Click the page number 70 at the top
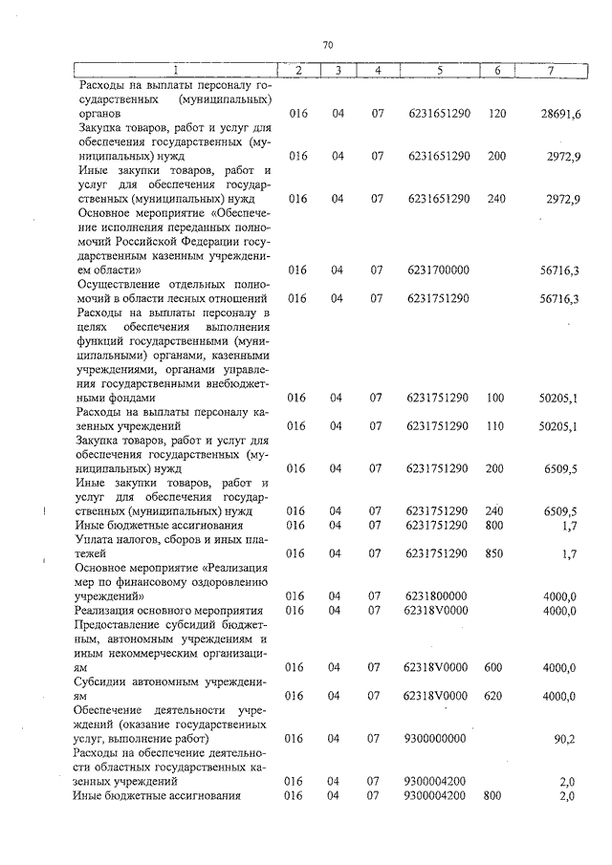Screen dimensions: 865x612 pyautogui.click(x=327, y=45)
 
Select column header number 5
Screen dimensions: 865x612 pyautogui.click(x=439, y=71)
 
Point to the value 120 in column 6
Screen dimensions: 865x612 pyautogui.click(x=496, y=114)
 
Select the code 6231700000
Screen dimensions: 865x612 pyautogui.click(x=438, y=271)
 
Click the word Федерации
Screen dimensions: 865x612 pyautogui.click(x=225, y=243)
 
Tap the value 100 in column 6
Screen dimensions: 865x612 pyautogui.click(x=495, y=397)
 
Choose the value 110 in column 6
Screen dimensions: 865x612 pyautogui.click(x=495, y=425)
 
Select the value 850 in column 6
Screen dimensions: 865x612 pyautogui.click(x=495, y=552)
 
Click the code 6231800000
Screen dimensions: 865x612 pyautogui.click(x=438, y=595)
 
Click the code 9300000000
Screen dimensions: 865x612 pyautogui.click(x=436, y=738)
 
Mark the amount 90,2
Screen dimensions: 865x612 pyautogui.click(x=564, y=738)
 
